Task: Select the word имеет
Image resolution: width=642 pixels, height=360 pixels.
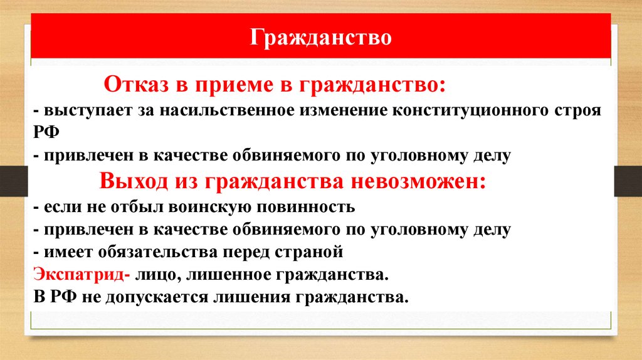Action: click(x=65, y=252)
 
